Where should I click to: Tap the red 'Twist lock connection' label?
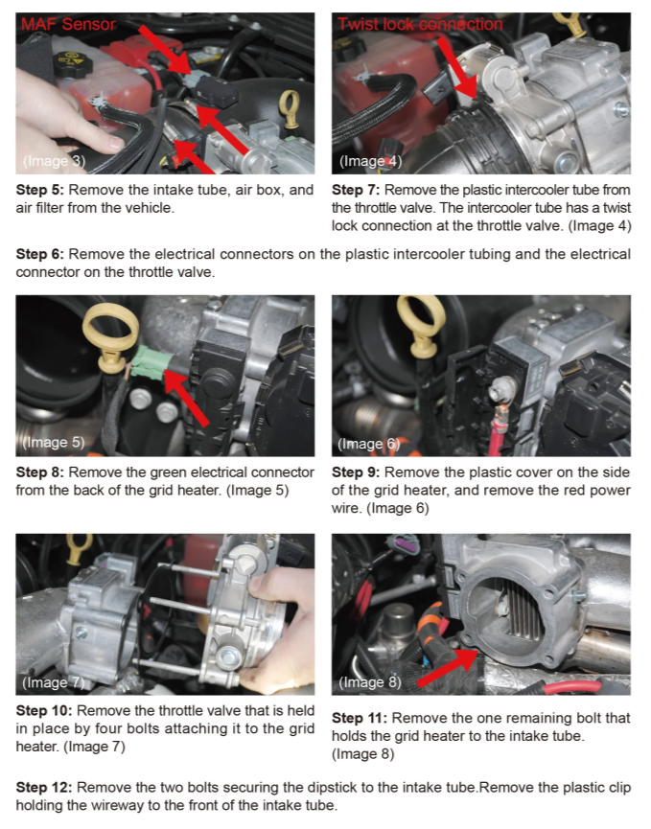click(419, 24)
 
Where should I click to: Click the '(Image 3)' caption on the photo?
click(53, 160)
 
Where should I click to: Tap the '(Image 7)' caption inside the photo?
click(53, 682)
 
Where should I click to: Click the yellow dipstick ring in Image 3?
click(288, 111)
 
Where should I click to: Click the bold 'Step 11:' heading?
click(360, 718)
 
